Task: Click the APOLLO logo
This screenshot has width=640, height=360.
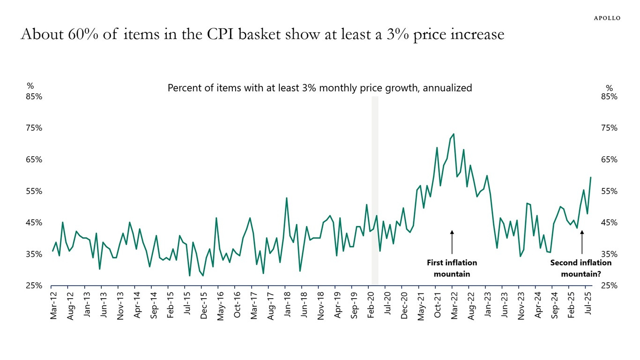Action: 607,18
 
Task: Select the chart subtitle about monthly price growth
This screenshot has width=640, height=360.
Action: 320,88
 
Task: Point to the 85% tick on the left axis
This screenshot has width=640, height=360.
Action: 34,97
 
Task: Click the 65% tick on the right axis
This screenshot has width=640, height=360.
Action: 609,159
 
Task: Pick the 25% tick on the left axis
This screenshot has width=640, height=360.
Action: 34,285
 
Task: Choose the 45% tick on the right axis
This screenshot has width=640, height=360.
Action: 609,223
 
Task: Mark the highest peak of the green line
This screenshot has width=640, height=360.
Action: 454,134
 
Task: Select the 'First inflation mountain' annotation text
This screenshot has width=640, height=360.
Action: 452,268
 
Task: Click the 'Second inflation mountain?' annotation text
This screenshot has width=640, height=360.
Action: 581,268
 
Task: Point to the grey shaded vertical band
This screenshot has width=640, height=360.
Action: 375,187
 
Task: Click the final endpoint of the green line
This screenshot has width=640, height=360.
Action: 590,177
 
